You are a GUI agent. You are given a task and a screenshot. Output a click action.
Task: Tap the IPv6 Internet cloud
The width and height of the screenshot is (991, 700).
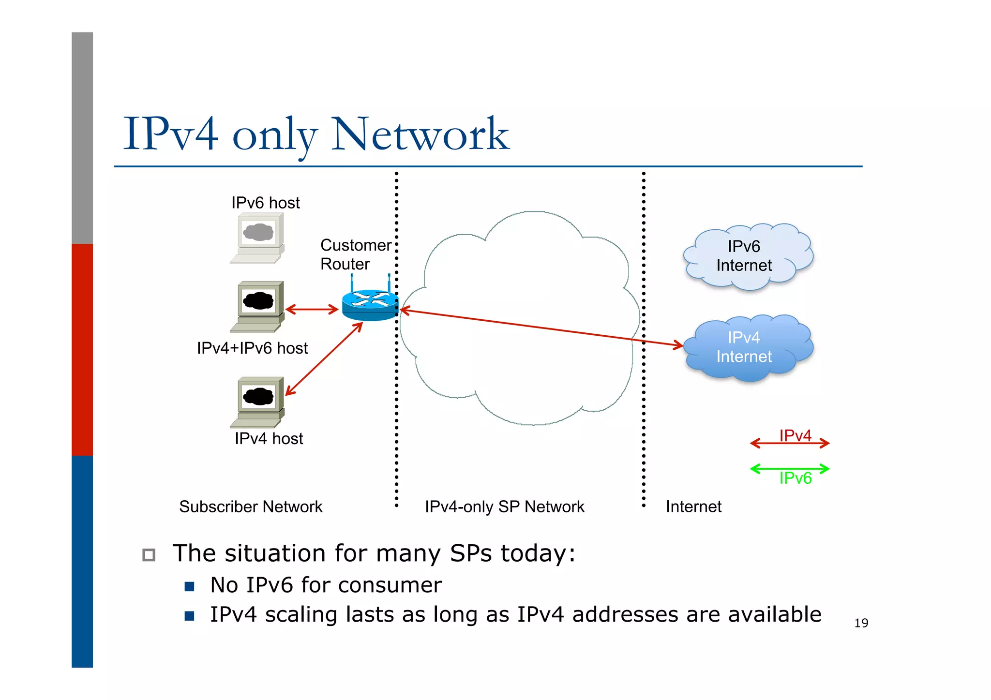point(748,256)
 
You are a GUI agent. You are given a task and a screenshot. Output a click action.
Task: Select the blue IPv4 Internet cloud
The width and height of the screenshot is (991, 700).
point(748,347)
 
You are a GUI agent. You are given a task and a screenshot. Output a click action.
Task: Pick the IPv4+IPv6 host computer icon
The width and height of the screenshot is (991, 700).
point(258,306)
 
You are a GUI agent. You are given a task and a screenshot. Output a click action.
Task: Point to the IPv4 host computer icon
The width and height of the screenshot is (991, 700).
point(258,402)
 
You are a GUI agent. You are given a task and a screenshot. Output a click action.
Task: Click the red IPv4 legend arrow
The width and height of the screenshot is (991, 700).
point(789,443)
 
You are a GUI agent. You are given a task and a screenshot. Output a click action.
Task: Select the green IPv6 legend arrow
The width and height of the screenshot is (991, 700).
point(789,468)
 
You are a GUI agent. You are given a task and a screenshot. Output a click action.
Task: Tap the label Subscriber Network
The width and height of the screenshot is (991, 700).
point(251,506)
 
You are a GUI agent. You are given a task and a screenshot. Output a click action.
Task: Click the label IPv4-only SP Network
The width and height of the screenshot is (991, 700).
point(504,506)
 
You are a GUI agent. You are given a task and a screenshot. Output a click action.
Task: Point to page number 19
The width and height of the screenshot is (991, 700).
point(861,623)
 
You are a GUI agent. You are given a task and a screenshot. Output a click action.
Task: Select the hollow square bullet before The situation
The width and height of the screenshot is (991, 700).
point(149,554)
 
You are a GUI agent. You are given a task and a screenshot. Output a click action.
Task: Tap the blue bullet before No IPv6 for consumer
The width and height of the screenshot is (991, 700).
point(189,587)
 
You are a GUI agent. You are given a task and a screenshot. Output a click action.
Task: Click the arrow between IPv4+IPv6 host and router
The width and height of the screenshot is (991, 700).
point(312,309)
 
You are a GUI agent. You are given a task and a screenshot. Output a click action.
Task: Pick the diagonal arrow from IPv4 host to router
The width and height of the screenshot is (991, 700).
point(324,359)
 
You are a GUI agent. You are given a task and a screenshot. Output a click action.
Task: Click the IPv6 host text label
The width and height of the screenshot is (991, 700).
point(265,203)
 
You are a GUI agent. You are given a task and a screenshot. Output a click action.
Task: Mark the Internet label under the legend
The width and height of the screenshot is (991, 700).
point(693,506)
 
